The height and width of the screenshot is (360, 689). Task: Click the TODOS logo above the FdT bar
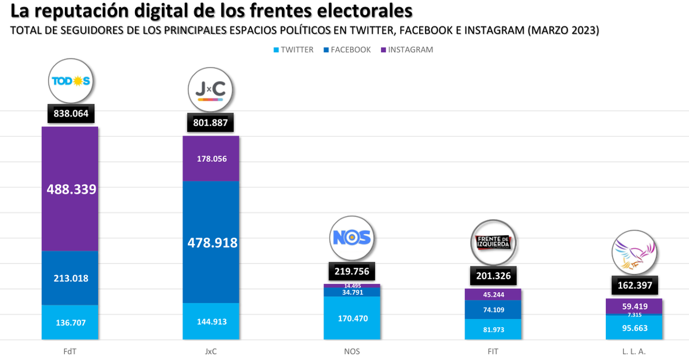(71, 81)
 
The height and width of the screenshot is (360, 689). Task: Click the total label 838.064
(71, 114)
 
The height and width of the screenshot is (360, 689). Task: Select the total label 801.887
(211, 123)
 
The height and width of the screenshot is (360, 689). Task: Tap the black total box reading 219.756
(351, 271)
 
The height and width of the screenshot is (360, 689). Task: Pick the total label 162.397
(634, 285)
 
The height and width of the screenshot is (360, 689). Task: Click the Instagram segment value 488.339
(71, 189)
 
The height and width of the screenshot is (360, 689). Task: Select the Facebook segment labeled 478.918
(212, 242)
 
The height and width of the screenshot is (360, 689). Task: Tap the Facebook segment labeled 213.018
(71, 278)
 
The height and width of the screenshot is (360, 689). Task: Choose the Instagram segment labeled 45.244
(493, 295)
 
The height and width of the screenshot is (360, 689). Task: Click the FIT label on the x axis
(493, 351)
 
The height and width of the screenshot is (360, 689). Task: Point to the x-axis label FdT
(71, 351)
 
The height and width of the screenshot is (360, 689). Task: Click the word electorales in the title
(355, 11)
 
